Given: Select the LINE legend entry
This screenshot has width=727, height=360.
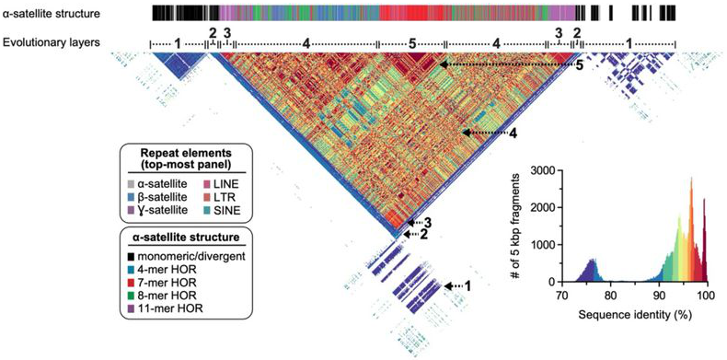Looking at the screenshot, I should pyautogui.click(x=195, y=184).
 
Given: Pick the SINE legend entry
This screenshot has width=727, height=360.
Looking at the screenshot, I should pyautogui.click(x=195, y=210).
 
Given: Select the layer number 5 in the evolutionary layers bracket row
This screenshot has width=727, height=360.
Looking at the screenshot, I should pyautogui.click(x=411, y=42).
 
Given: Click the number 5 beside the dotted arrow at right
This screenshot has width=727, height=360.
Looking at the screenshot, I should pyautogui.click(x=580, y=65).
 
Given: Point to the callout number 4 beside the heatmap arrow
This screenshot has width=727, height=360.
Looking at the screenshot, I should pyautogui.click(x=514, y=134).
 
